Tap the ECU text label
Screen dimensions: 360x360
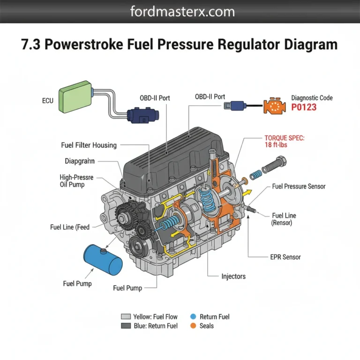click(x=48, y=100)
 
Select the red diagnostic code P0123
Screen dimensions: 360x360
click(x=304, y=107)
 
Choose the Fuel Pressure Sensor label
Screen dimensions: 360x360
click(x=299, y=187)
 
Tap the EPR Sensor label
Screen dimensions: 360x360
click(x=285, y=257)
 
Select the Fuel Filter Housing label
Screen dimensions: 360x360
click(x=89, y=145)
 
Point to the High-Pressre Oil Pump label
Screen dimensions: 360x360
click(x=76, y=181)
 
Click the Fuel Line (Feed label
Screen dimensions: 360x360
click(x=70, y=227)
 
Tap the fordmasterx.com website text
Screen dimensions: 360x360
click(x=180, y=12)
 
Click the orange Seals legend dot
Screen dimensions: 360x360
click(x=193, y=326)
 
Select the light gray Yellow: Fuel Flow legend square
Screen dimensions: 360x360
click(x=125, y=317)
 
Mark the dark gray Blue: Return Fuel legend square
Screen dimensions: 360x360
click(x=125, y=326)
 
